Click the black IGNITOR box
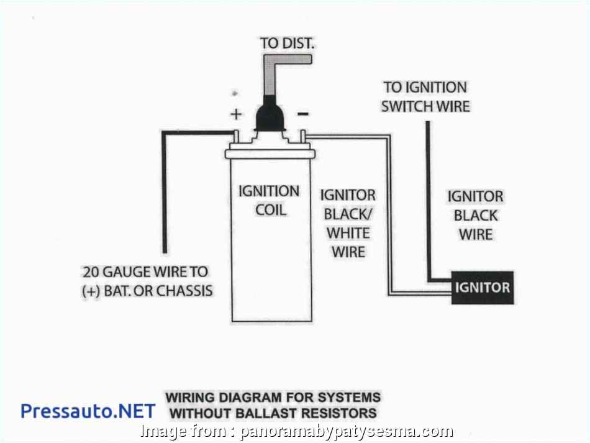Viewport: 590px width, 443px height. click(x=483, y=288)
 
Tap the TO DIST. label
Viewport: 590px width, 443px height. click(x=288, y=43)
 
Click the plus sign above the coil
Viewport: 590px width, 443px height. click(x=236, y=114)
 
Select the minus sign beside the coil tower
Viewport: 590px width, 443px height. click(x=302, y=114)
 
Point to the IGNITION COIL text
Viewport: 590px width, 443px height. click(x=269, y=200)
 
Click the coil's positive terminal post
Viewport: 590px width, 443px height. click(x=237, y=136)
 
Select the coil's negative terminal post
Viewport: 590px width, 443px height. click(x=302, y=136)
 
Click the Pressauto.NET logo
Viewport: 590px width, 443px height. click(x=88, y=411)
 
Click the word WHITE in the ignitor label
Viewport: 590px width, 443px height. click(x=348, y=233)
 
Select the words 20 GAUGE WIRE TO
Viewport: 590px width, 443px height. click(x=145, y=272)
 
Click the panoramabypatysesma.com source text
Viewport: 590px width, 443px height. click(x=347, y=431)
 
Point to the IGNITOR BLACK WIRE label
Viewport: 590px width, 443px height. click(x=475, y=215)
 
